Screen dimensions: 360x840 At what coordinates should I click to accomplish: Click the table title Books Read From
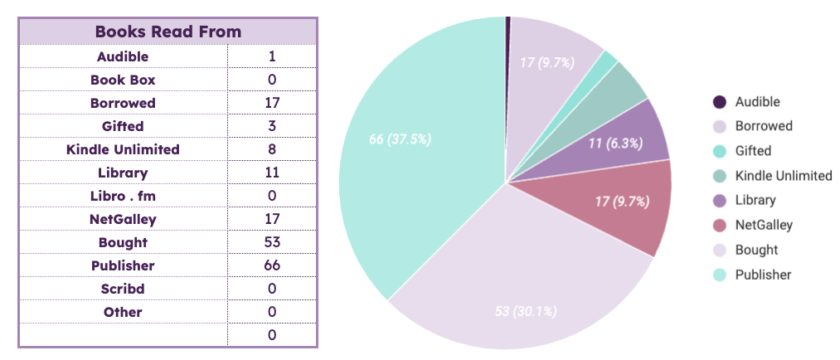[168, 32]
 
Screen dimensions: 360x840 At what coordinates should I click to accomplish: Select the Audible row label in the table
[123, 56]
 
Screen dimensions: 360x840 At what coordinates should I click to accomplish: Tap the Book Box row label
[123, 80]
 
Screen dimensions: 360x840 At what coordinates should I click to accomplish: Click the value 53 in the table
[272, 242]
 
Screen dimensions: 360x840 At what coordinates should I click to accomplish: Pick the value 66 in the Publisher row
[272, 265]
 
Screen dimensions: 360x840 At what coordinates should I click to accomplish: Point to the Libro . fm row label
[123, 196]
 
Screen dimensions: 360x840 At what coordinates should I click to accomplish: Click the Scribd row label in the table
[123, 289]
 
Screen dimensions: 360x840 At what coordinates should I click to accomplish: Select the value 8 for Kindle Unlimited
[272, 149]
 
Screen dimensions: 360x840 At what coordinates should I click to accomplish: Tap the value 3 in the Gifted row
[272, 126]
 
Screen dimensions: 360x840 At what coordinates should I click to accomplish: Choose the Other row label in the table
[123, 312]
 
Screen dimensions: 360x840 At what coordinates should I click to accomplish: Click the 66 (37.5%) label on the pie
[400, 139]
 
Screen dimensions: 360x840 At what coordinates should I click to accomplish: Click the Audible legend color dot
[719, 102]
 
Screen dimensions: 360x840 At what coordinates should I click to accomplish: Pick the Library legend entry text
[755, 200]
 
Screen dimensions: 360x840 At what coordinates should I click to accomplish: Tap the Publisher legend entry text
[763, 275]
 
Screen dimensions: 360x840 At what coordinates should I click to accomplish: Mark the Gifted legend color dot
[719, 151]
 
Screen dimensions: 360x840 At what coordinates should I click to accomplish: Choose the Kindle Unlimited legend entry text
[783, 175]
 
